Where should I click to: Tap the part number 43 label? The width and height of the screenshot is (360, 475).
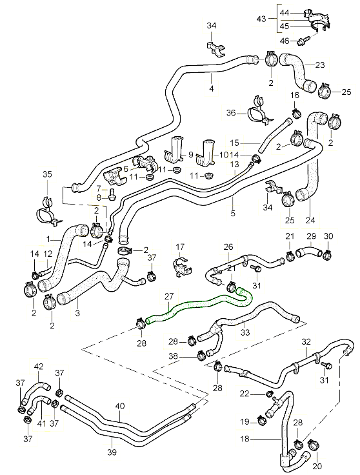(261, 19)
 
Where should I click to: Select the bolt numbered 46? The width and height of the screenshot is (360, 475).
(303, 40)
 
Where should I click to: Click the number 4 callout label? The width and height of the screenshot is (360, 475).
(212, 88)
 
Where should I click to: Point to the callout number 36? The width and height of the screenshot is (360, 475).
(231, 113)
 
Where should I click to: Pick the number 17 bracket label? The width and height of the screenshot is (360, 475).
(180, 247)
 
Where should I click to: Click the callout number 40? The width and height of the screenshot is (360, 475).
(120, 406)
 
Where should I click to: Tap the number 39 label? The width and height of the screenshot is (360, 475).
(112, 452)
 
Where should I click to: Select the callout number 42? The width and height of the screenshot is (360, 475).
(39, 367)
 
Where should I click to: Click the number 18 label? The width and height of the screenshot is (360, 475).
(245, 439)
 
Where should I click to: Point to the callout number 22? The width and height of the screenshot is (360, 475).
(245, 394)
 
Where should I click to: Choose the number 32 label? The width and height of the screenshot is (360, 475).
(306, 341)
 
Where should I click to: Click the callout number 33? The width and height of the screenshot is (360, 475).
(245, 332)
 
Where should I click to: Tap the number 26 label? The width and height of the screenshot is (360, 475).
(228, 247)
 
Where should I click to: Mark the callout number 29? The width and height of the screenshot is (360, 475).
(311, 236)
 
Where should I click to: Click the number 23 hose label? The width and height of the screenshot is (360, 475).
(320, 65)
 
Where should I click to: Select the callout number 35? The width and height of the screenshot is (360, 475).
(47, 174)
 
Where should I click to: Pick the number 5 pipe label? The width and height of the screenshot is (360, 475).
(232, 213)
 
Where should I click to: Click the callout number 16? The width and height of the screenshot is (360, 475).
(295, 96)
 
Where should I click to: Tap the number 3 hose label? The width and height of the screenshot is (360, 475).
(77, 313)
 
